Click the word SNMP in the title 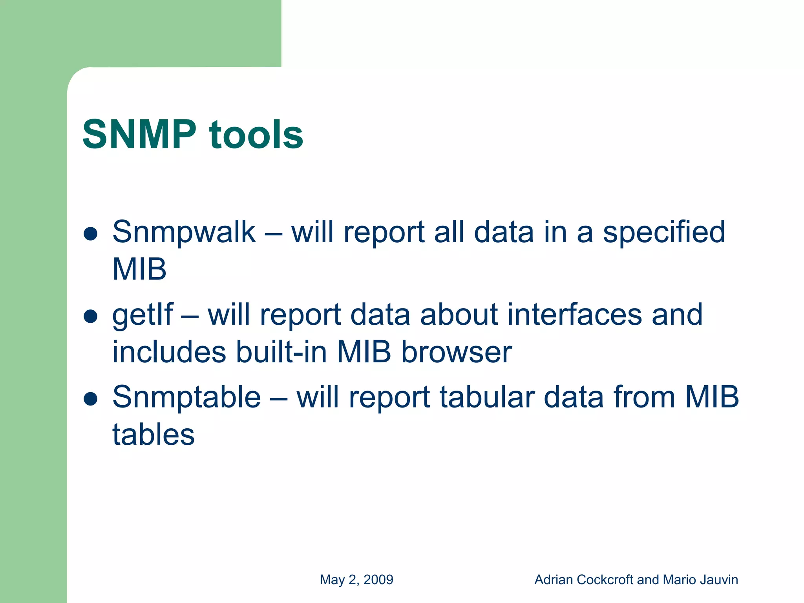coord(139,135)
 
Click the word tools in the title coord(256,135)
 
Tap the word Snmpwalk coord(184,232)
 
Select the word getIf coord(142,315)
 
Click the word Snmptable coord(186,397)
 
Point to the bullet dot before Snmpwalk coord(91,234)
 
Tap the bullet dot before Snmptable coord(91,399)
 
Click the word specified coord(664,232)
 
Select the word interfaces coord(574,315)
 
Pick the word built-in coord(281,352)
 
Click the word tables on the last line coord(153,435)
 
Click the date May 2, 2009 coord(356,580)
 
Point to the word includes coord(169,352)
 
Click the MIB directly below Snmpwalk coord(139,270)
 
